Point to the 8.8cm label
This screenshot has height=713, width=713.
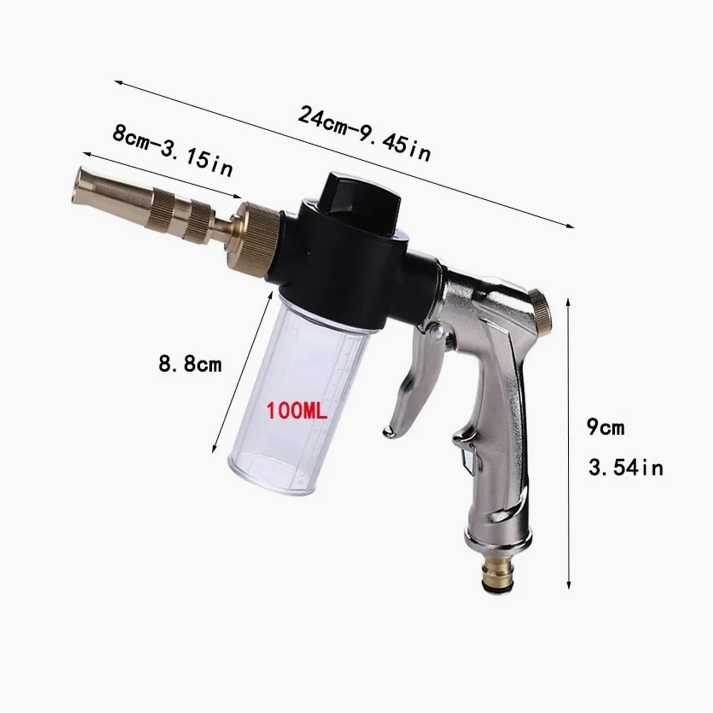click(190, 364)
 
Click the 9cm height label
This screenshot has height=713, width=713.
click(606, 427)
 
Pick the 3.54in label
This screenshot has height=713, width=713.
click(626, 468)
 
